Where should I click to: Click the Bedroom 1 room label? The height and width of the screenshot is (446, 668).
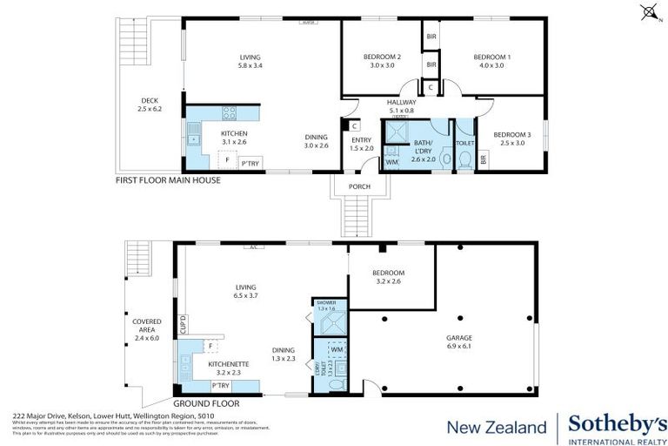(x=491, y=62)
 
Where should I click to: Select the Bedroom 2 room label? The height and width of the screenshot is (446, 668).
(x=380, y=62)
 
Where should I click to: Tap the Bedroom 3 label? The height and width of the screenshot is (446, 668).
(x=510, y=139)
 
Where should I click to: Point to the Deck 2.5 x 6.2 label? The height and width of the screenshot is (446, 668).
(x=150, y=105)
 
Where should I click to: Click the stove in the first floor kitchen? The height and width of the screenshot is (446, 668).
(x=230, y=113)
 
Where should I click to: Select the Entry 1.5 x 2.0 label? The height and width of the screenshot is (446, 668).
(x=361, y=144)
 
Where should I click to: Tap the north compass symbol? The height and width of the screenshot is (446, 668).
(x=647, y=11)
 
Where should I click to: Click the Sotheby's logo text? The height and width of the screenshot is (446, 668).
(x=617, y=424)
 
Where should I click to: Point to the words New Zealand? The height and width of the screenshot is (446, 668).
(x=497, y=427)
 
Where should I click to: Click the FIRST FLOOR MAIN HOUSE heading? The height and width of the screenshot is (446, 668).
(x=168, y=180)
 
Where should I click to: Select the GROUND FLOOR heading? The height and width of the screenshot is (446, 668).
(x=205, y=404)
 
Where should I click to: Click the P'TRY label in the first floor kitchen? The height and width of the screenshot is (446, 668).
(x=250, y=164)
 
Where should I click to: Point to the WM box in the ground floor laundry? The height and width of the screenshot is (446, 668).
(x=336, y=349)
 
